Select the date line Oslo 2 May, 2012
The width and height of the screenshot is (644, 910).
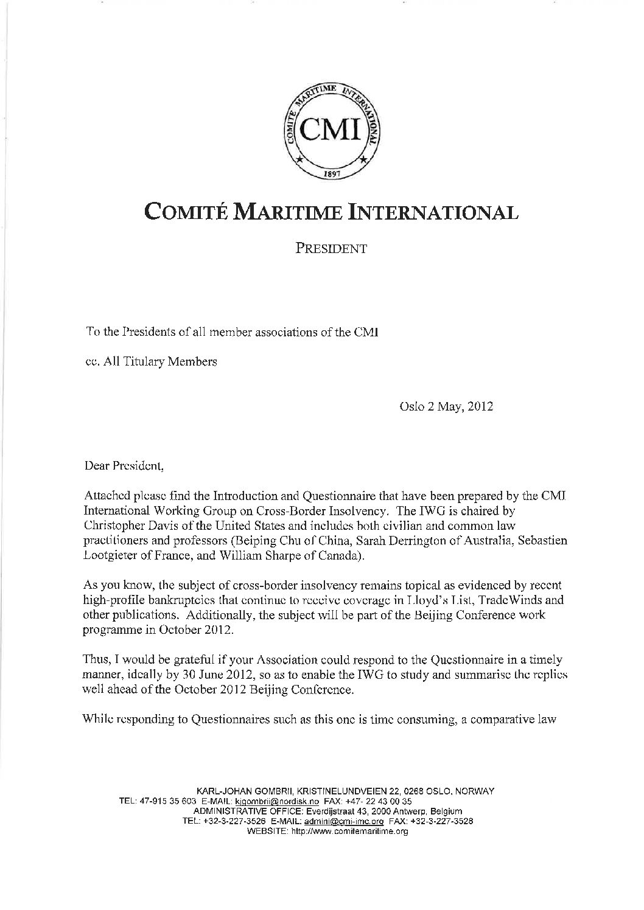446,407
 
